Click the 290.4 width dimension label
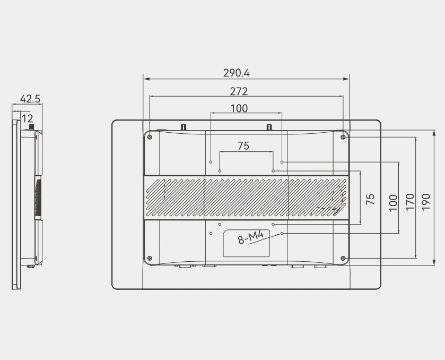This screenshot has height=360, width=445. click(237, 73)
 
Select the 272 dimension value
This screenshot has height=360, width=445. click(239, 91)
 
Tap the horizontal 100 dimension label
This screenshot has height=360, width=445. click(239, 108)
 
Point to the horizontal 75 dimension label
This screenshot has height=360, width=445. click(243, 146)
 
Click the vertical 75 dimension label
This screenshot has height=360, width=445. click(370, 199)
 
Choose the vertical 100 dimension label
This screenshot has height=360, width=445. click(393, 203)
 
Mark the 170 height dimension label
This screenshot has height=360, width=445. click(410, 202)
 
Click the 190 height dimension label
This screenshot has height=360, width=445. click(426, 202)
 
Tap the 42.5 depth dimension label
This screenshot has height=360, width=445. click(30, 99)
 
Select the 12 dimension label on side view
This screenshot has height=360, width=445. click(27, 118)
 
